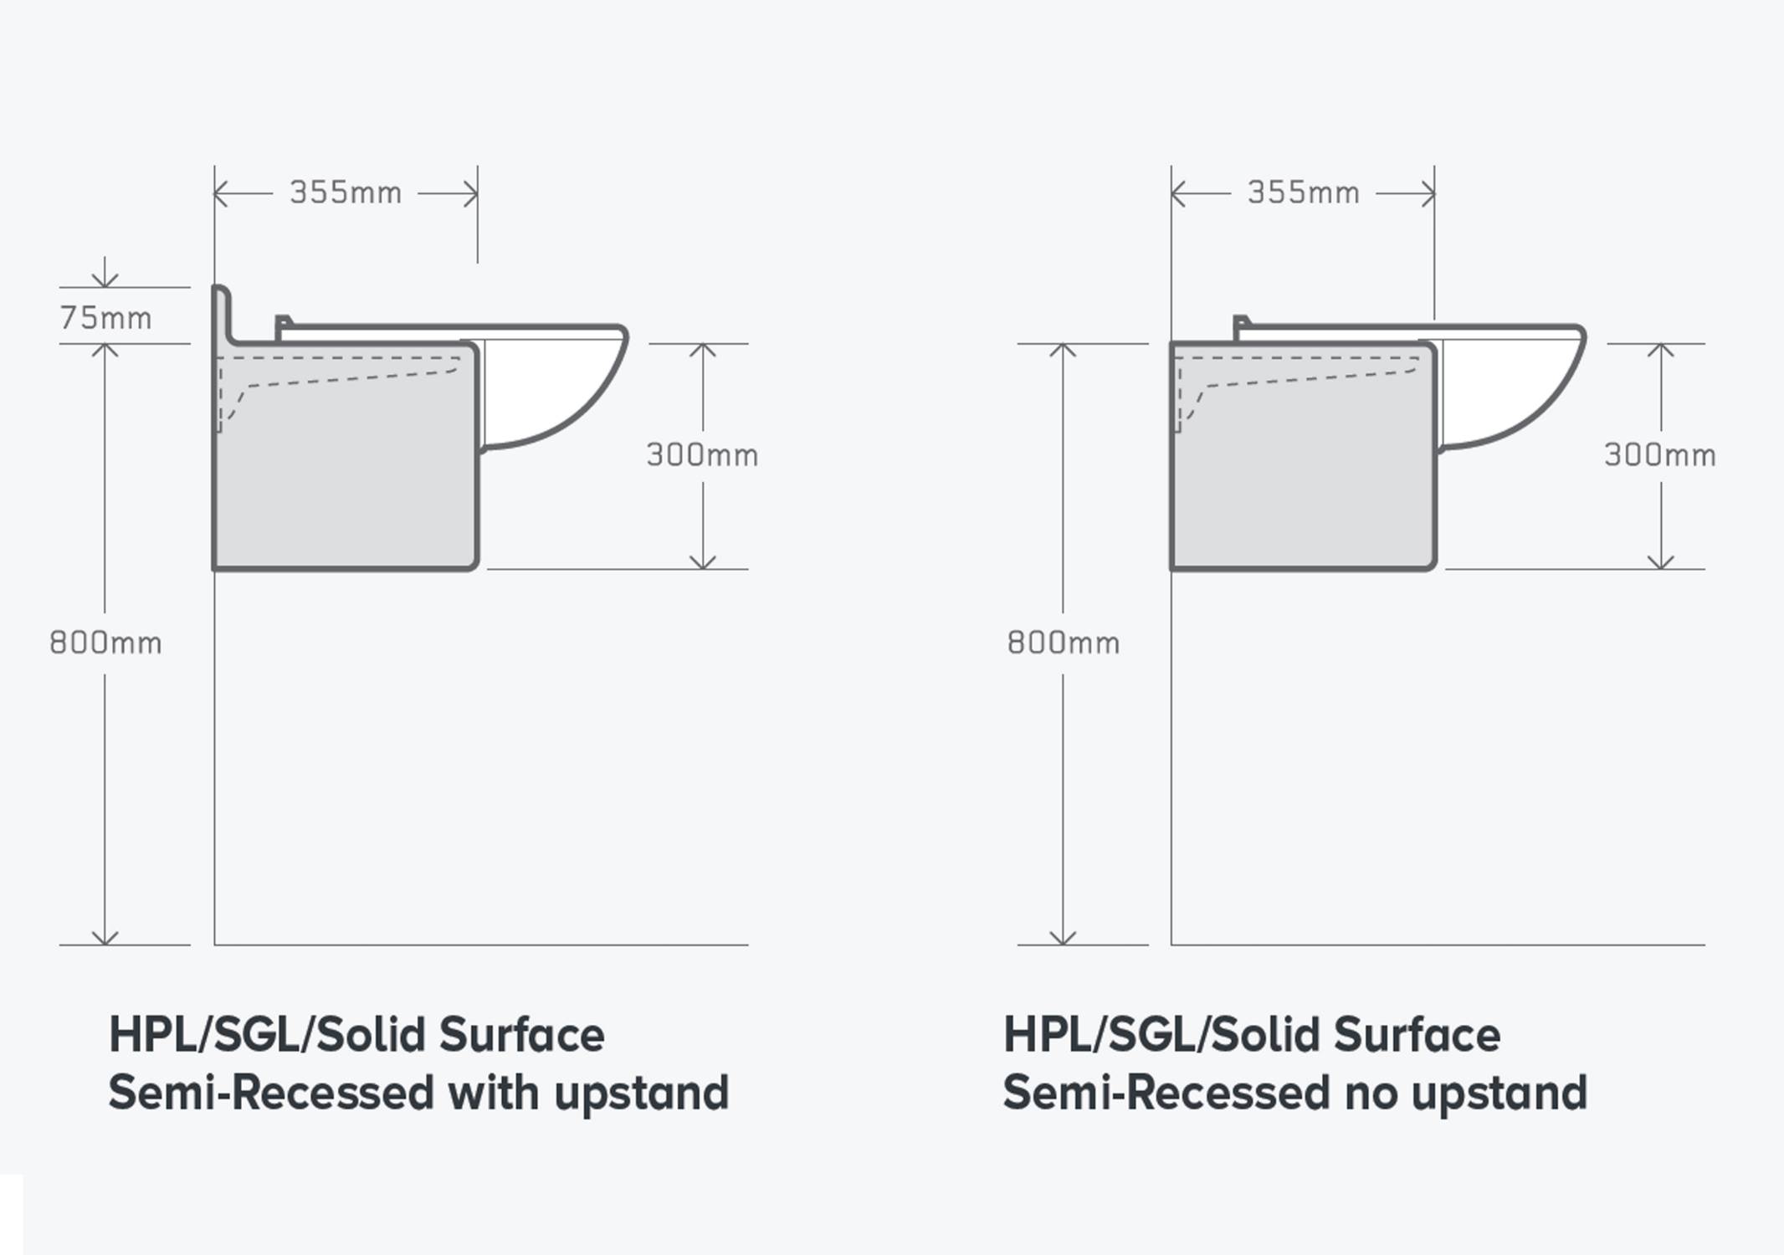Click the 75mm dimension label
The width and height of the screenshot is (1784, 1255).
click(105, 318)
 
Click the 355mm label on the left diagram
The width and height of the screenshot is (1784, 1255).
click(346, 192)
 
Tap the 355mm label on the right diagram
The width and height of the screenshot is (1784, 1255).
click(1303, 192)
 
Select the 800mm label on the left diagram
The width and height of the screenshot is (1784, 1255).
click(105, 643)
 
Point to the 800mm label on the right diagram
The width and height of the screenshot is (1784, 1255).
click(1063, 643)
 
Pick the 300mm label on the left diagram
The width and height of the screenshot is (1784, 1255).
click(702, 455)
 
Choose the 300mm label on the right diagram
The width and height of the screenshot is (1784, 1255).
click(1660, 455)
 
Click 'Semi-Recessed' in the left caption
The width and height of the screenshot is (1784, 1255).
click(272, 1092)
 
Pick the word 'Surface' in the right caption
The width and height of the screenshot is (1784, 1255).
click(1417, 1034)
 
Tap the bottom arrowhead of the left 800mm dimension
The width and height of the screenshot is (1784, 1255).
click(105, 937)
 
